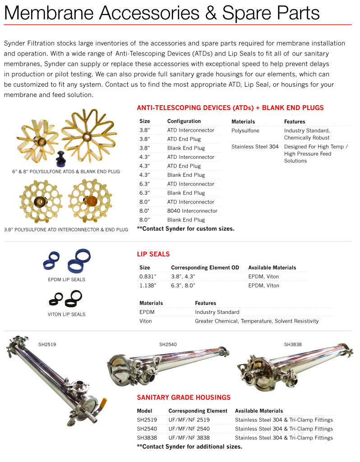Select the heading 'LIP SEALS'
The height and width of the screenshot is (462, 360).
click(x=153, y=254)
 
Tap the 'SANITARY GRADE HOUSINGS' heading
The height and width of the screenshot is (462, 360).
click(x=184, y=397)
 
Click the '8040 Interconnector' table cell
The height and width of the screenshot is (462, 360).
click(x=192, y=211)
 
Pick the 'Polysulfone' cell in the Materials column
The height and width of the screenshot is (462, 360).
click(x=245, y=130)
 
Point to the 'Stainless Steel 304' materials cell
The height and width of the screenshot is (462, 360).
click(x=255, y=147)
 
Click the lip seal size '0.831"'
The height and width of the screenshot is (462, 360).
click(x=148, y=277)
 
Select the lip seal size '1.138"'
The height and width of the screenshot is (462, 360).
click(x=148, y=286)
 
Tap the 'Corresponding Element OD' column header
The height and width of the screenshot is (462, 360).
click(x=205, y=268)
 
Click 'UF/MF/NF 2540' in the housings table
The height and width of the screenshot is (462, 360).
click(x=189, y=429)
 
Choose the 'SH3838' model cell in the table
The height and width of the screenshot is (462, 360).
click(x=147, y=438)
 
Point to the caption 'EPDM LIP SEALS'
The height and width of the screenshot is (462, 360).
click(x=66, y=280)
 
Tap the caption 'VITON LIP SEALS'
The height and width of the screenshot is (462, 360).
click(x=66, y=314)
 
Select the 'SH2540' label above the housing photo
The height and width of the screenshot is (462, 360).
click(x=168, y=344)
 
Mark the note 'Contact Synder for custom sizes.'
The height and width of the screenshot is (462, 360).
click(x=185, y=229)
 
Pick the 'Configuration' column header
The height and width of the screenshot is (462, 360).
click(x=184, y=121)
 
